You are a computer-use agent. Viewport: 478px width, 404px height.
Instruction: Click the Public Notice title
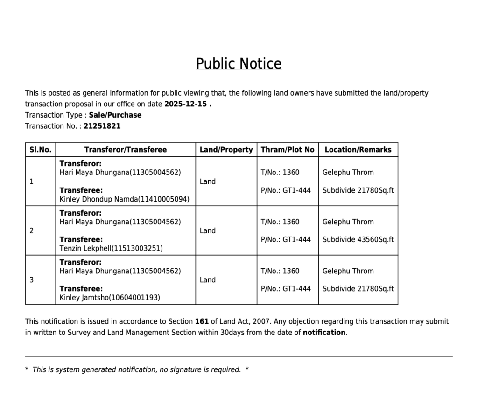[239, 64]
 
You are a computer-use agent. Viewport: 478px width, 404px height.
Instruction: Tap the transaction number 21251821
[102, 126]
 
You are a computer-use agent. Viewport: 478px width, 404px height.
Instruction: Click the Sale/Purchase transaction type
[115, 115]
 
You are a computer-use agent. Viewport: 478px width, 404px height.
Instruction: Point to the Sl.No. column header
[40, 150]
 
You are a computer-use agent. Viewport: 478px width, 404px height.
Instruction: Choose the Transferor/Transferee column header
[125, 150]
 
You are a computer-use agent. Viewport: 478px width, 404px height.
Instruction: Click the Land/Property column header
[226, 150]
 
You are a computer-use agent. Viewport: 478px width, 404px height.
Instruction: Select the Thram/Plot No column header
[288, 150]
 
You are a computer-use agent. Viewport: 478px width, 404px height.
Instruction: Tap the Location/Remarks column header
[358, 150]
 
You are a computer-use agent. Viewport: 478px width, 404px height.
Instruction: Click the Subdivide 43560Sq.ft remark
[358, 240]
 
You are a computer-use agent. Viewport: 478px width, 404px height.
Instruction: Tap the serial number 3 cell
[31, 280]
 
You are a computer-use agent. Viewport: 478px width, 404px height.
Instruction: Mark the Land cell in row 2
[208, 231]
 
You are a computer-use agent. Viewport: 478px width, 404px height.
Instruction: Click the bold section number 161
[202, 322]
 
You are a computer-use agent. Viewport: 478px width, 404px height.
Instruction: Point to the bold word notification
[324, 333]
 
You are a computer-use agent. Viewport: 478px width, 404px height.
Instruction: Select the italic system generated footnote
[136, 370]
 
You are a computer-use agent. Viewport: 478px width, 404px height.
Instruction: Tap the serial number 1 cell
[31, 181]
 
